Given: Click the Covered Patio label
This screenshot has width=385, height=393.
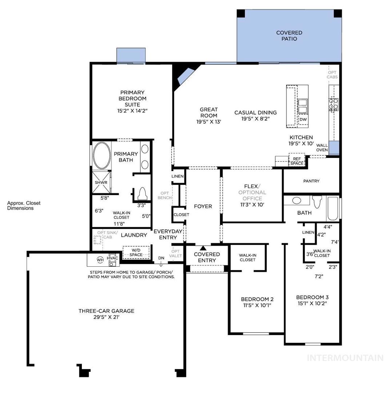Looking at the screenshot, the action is click(x=289, y=36).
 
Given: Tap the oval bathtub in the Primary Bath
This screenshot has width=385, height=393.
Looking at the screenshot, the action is click(x=102, y=155).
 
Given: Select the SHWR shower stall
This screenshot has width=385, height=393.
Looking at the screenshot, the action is click(x=101, y=182).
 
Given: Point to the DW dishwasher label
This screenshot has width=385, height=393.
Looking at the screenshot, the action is click(x=303, y=119).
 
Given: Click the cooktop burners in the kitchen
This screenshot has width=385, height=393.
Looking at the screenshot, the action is click(x=334, y=104).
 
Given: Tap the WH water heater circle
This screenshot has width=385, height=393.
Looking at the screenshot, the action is click(x=100, y=260).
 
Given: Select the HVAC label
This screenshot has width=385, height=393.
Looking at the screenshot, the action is click(x=112, y=258).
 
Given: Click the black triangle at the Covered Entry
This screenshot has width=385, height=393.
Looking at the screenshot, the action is click(x=203, y=248).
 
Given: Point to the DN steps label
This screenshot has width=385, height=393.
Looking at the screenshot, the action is click(x=161, y=258).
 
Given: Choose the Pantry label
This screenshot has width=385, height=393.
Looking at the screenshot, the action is click(x=311, y=181).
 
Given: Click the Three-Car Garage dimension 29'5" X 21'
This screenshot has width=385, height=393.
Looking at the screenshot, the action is click(x=106, y=317).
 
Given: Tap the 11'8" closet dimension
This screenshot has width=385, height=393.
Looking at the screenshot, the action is click(x=119, y=224).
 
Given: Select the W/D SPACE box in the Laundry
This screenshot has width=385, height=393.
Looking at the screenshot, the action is click(x=136, y=253).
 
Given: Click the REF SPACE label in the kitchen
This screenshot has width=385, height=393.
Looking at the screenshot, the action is click(x=297, y=161).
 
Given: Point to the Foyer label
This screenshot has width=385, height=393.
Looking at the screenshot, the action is click(x=203, y=206).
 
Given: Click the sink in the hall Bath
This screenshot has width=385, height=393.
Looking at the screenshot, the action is click(x=297, y=201).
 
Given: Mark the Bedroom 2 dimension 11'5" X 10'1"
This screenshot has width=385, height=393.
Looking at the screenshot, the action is click(x=257, y=305).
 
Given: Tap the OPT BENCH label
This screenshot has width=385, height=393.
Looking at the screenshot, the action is click(x=165, y=195).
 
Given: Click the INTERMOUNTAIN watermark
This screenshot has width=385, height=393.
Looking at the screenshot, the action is click(x=345, y=358).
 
